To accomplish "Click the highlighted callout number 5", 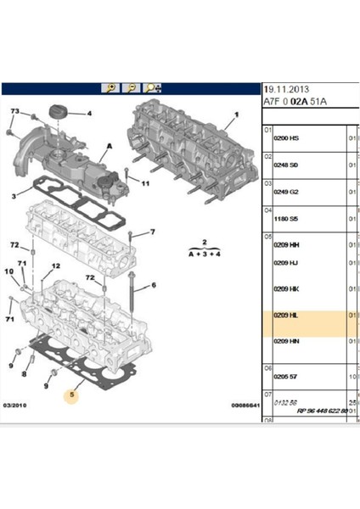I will coord(74,394).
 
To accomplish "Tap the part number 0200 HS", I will coord(287,138).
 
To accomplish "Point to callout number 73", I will coord(14,112).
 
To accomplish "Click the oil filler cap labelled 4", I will coord(60,112).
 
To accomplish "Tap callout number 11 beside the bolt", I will coord(145,184).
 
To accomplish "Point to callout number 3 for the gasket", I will coord(14,197).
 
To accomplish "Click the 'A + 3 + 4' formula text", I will coord(196,252).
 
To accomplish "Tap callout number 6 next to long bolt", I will coord(154,286).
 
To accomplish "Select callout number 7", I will coord(153,232).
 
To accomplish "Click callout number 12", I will coord(57,266).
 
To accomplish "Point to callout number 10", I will coord(8,271).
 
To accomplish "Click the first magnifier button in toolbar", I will coord(110,87).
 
